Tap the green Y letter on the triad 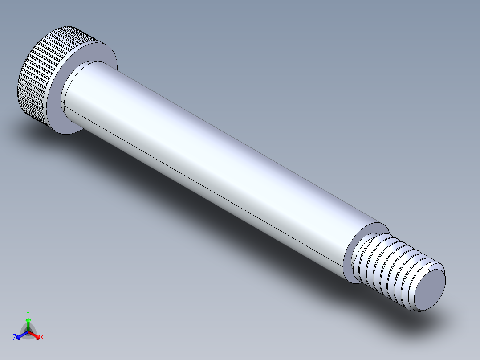(28, 313)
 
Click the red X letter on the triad (41, 338)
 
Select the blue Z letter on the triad (15, 338)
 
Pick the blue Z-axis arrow (20, 335)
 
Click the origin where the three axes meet (28, 332)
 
